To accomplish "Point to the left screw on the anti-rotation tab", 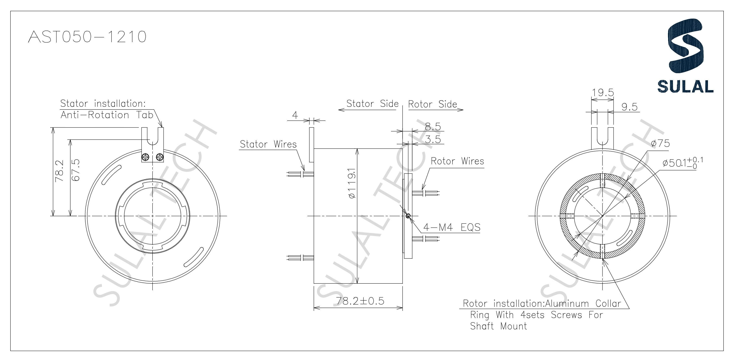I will click(x=145, y=157).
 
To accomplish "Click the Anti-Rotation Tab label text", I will click(x=107, y=115).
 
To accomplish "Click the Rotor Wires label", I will click(x=457, y=161).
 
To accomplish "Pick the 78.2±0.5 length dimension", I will click(x=360, y=301).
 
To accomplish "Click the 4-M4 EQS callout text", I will click(x=452, y=227).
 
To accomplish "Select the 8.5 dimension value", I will click(x=433, y=127).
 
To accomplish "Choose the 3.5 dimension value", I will click(x=433, y=140).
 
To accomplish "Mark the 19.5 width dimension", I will click(x=603, y=93).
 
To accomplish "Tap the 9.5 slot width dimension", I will click(x=629, y=107).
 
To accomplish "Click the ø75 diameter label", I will click(x=661, y=143).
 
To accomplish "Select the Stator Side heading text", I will click(x=372, y=104).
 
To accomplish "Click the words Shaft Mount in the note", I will click(x=498, y=326).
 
